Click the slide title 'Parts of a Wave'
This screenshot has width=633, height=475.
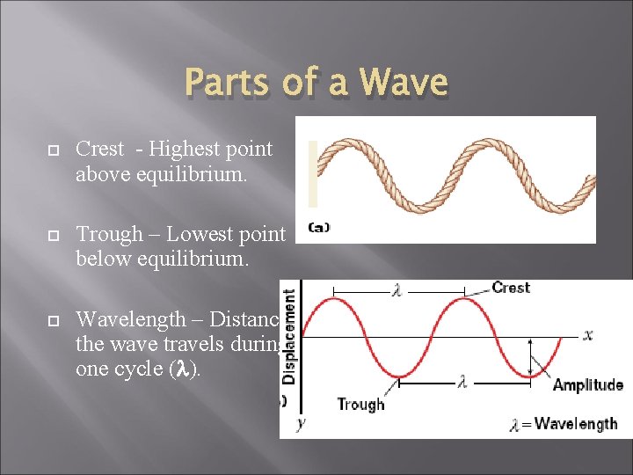click(x=316, y=83)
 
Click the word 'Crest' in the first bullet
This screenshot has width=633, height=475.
click(x=99, y=150)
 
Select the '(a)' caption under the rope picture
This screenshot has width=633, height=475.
click(x=318, y=227)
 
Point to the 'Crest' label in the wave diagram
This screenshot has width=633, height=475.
click(x=510, y=288)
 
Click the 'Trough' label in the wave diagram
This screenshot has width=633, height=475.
click(x=360, y=404)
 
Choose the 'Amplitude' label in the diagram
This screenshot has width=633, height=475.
click(x=587, y=384)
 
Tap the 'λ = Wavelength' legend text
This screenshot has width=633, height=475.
click(x=563, y=424)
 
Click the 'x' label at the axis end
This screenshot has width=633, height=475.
click(x=587, y=334)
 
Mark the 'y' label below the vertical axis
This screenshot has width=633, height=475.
click(x=300, y=423)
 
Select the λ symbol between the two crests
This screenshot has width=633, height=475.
click(x=397, y=291)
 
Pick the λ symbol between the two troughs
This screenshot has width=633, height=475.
click(x=462, y=383)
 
